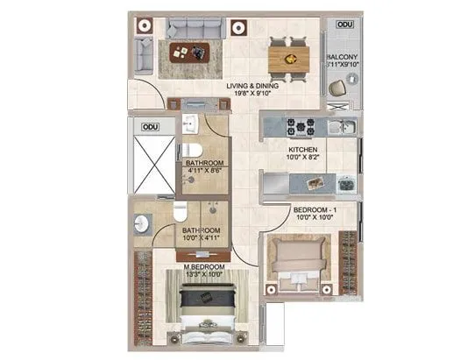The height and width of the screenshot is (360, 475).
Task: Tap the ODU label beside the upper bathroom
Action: click(x=150, y=128)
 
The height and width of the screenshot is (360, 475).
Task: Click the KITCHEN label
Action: click(x=304, y=150)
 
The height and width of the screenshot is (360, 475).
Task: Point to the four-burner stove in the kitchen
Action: click(x=304, y=127)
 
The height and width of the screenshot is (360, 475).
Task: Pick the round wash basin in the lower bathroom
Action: click(x=144, y=223)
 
